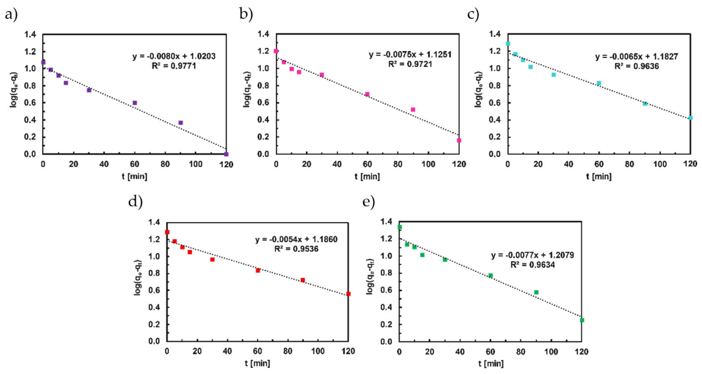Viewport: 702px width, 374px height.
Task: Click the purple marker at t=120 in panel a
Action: click(x=226, y=154)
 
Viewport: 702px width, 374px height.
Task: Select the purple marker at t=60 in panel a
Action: click(x=135, y=103)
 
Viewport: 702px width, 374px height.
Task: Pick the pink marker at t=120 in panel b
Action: click(x=459, y=140)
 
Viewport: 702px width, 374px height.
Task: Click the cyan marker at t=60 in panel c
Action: click(x=599, y=83)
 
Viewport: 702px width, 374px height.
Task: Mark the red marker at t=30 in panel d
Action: click(x=212, y=259)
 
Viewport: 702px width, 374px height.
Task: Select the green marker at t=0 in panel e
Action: click(x=400, y=227)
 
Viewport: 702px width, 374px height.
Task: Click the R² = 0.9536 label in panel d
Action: click(x=296, y=249)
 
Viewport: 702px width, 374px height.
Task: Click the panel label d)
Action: click(x=135, y=202)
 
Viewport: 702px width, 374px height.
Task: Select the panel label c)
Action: click(x=473, y=15)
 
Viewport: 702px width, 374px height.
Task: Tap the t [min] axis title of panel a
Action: click(x=134, y=176)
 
